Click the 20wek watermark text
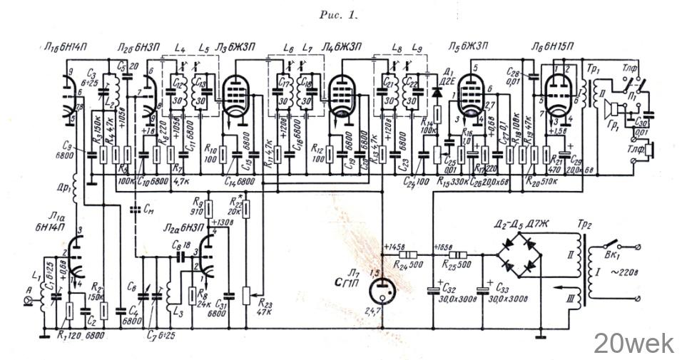point(633,343)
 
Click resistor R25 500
point(457,255)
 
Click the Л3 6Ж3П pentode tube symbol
point(235,98)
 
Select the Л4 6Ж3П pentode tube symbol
point(341,98)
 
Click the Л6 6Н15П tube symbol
point(556,98)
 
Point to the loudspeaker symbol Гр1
point(611,111)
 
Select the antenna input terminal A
point(29,302)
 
